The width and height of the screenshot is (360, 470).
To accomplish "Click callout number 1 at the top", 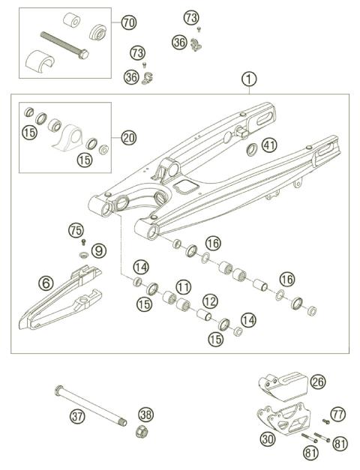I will [249, 77].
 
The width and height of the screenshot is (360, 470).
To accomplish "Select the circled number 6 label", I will [46, 283].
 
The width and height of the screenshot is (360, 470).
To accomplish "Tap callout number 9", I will [99, 250].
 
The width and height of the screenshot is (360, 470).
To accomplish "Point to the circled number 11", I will [182, 286].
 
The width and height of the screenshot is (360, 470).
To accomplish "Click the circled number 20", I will [128, 137].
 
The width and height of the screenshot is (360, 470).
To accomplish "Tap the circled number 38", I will [145, 414].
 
